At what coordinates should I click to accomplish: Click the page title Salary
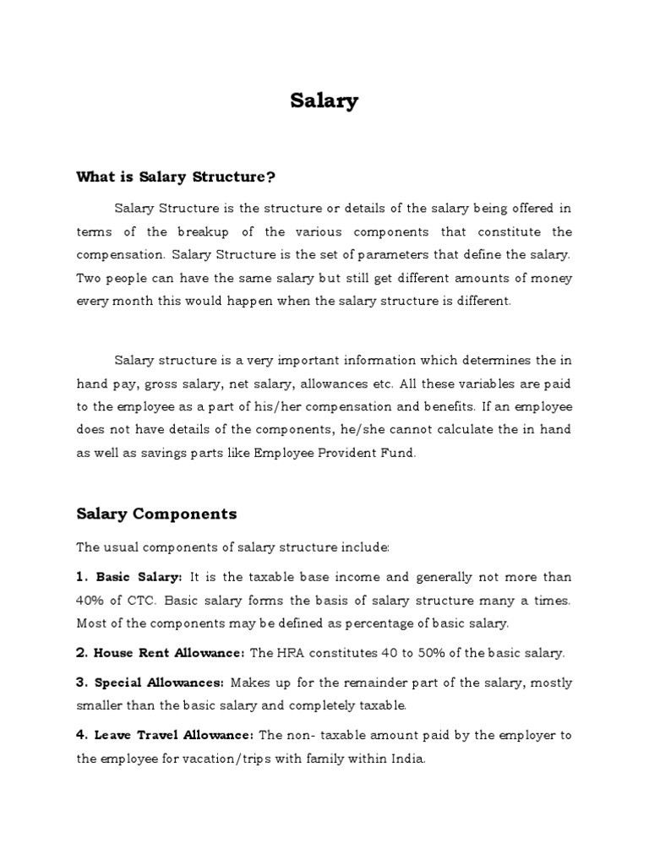(x=324, y=101)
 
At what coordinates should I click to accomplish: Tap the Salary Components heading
(x=156, y=514)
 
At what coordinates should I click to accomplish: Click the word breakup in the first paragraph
(x=203, y=231)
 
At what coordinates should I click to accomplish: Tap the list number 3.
(x=81, y=683)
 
